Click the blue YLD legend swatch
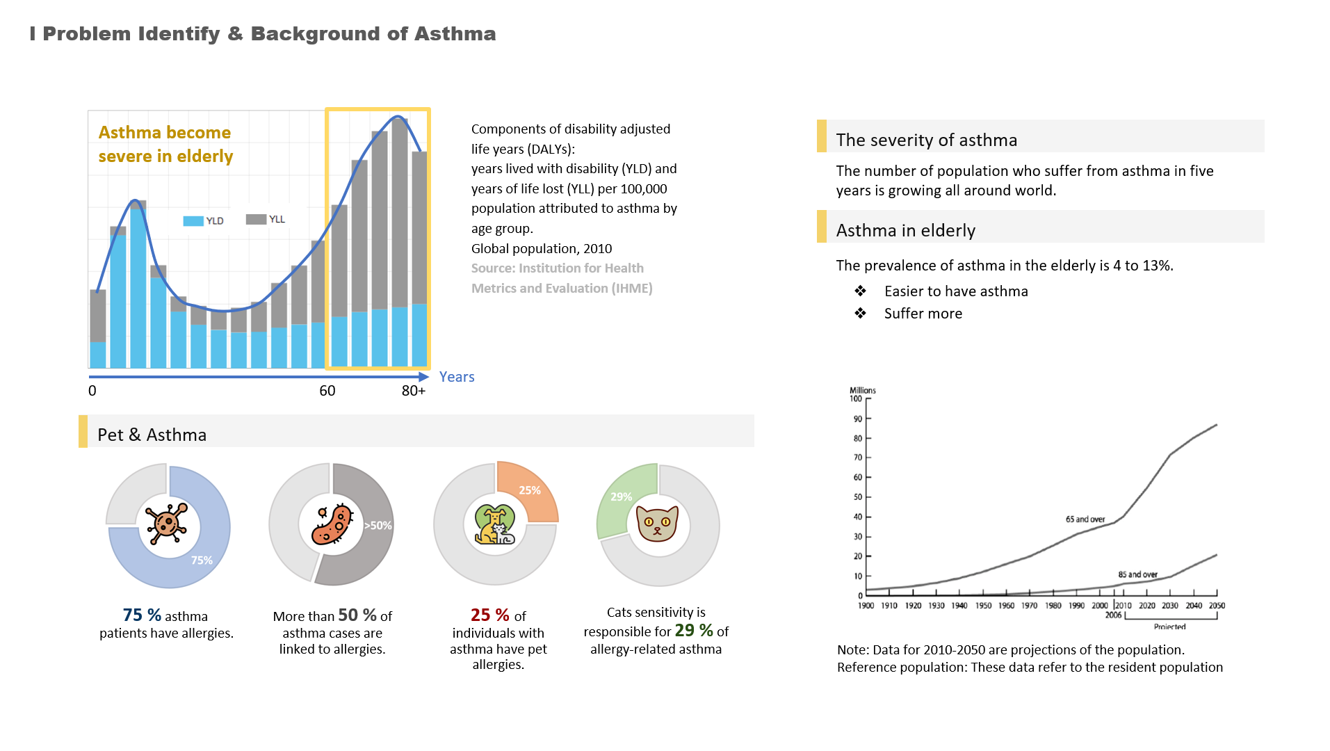(193, 220)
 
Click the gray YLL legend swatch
(256, 219)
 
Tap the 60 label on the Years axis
(327, 391)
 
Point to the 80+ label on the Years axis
(413, 391)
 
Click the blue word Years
(457, 377)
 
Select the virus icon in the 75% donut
(167, 524)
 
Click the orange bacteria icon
(332, 524)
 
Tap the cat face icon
(657, 524)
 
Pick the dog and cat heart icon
(494, 525)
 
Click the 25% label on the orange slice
(529, 490)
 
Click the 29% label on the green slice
(621, 496)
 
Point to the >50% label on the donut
(378, 526)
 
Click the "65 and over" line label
(1085, 519)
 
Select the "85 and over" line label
(1137, 574)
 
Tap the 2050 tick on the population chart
(1217, 605)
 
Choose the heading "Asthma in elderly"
(905, 230)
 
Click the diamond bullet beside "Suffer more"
(861, 313)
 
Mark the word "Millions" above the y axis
(862, 390)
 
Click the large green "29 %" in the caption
(694, 630)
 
